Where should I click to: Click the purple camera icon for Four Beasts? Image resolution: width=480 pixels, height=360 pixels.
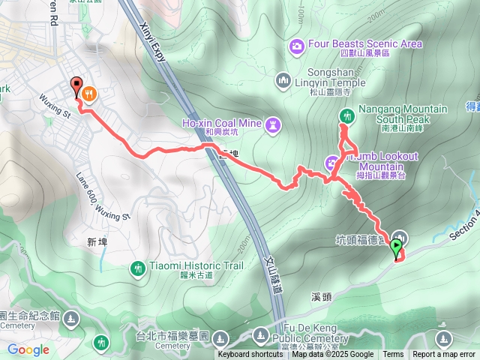[297, 48]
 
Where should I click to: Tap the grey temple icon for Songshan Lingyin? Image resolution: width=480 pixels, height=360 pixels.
[283, 78]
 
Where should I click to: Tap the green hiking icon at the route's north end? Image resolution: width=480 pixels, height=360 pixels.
[346, 115]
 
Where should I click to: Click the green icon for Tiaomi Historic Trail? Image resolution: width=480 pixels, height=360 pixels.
[137, 267]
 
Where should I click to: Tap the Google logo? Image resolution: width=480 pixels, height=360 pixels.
[28, 349]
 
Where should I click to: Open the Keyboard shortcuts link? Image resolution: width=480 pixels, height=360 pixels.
[250, 355]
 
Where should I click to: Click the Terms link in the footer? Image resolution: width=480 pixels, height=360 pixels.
[393, 355]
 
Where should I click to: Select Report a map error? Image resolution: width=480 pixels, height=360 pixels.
[444, 355]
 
